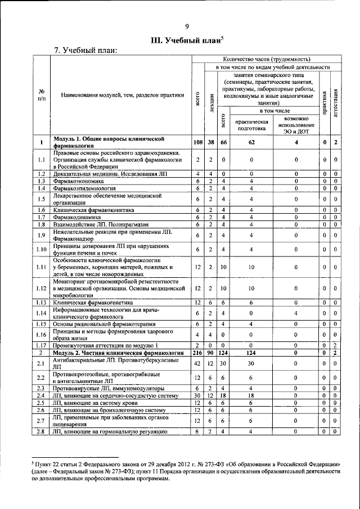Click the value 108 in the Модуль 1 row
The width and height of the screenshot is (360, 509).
coord(197,142)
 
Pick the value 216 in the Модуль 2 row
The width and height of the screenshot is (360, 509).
coord(197,352)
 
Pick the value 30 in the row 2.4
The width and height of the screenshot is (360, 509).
coord(197,395)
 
